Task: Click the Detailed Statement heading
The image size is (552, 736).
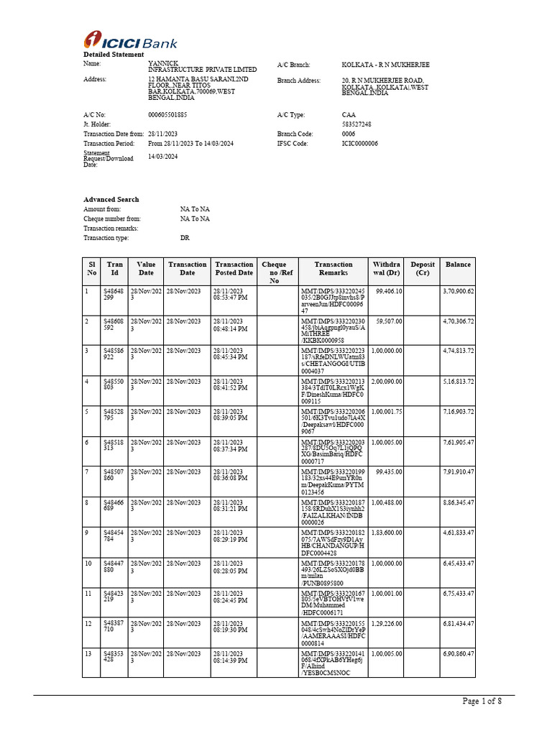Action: [x=108, y=55]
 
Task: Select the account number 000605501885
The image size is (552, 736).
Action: [x=167, y=115]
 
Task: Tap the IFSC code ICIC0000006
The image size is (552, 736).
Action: [x=359, y=144]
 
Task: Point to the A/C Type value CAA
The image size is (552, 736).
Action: [x=349, y=115]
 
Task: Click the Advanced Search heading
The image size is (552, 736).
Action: [x=111, y=199]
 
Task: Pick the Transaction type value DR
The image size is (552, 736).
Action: [x=185, y=237]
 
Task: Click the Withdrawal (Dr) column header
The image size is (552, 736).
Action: [x=387, y=269]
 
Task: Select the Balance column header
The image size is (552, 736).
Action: [x=458, y=264]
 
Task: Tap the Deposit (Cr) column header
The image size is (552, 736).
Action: [x=423, y=269]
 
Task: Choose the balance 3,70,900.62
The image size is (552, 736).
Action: [x=459, y=291]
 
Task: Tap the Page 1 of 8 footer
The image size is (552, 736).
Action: [x=482, y=702]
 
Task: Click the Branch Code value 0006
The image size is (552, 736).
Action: [x=349, y=134]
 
